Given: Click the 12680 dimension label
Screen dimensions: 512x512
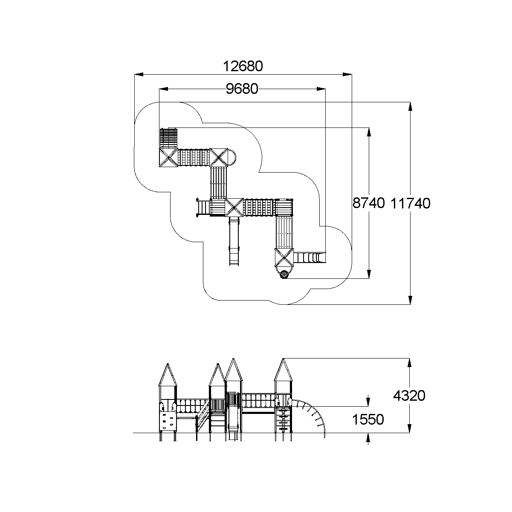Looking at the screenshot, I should pos(243,67).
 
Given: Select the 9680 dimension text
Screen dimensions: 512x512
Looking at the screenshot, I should pos(242,89).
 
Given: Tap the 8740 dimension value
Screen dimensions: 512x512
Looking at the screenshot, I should pos(369,203).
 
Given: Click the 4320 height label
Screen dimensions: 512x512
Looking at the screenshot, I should pos(409,396).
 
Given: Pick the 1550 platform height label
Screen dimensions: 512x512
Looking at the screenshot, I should pos(368,419).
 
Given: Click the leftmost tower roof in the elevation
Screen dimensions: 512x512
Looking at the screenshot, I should pos(168,375).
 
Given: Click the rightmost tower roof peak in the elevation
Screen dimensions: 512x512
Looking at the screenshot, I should pos(283,360).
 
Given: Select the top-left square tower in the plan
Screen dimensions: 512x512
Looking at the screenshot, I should pos(168,158).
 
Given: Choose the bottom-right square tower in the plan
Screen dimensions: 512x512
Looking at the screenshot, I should pos(284,257).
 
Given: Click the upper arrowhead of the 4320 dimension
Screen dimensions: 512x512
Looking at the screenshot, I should pos(410,362).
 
